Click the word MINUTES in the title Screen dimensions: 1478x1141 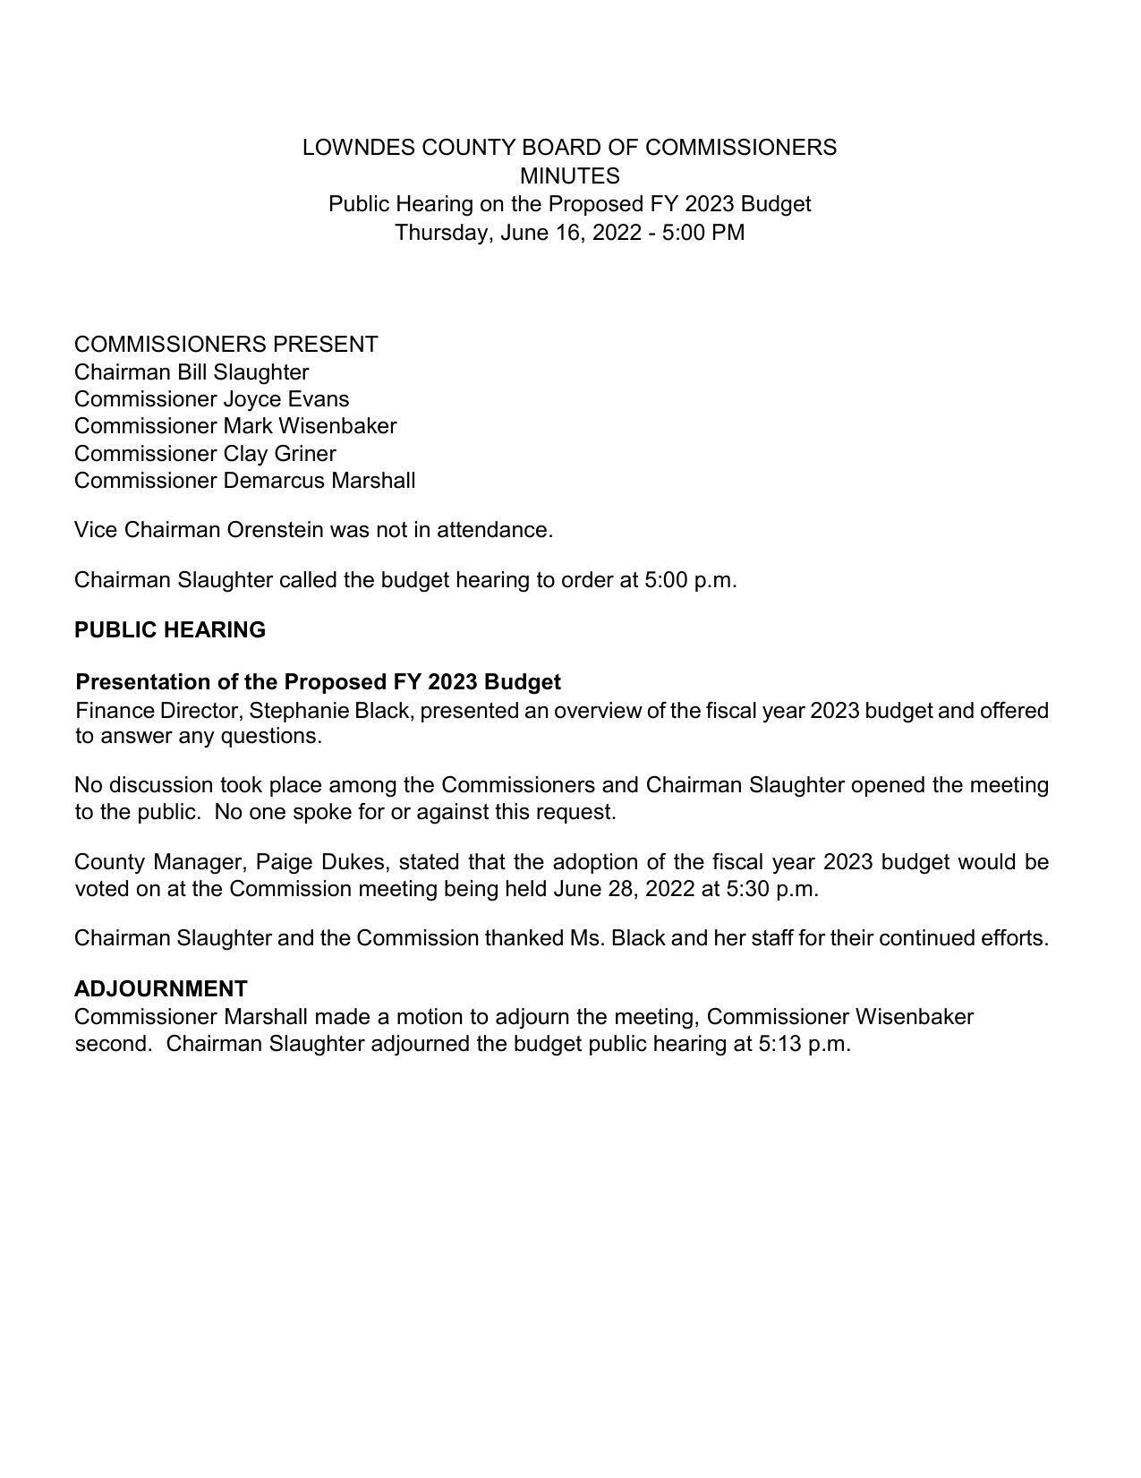[569, 175]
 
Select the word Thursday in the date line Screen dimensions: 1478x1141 [443, 233]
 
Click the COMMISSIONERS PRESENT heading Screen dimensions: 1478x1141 [226, 345]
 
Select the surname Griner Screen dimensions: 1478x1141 [305, 454]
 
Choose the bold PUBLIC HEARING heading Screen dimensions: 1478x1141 [170, 630]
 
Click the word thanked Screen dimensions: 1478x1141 [524, 938]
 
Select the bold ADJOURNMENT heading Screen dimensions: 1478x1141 [161, 989]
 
